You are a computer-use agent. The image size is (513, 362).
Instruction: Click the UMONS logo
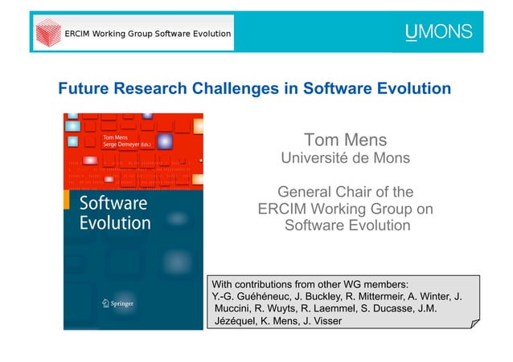coord(438,34)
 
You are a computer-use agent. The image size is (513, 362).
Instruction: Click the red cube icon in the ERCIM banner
coord(47,34)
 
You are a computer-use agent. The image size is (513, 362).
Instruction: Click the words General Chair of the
coord(345,193)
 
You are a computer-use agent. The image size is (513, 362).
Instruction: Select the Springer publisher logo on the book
coord(112,303)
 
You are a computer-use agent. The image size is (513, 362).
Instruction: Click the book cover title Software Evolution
coord(113,212)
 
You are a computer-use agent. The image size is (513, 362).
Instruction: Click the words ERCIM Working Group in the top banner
coord(105,35)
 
